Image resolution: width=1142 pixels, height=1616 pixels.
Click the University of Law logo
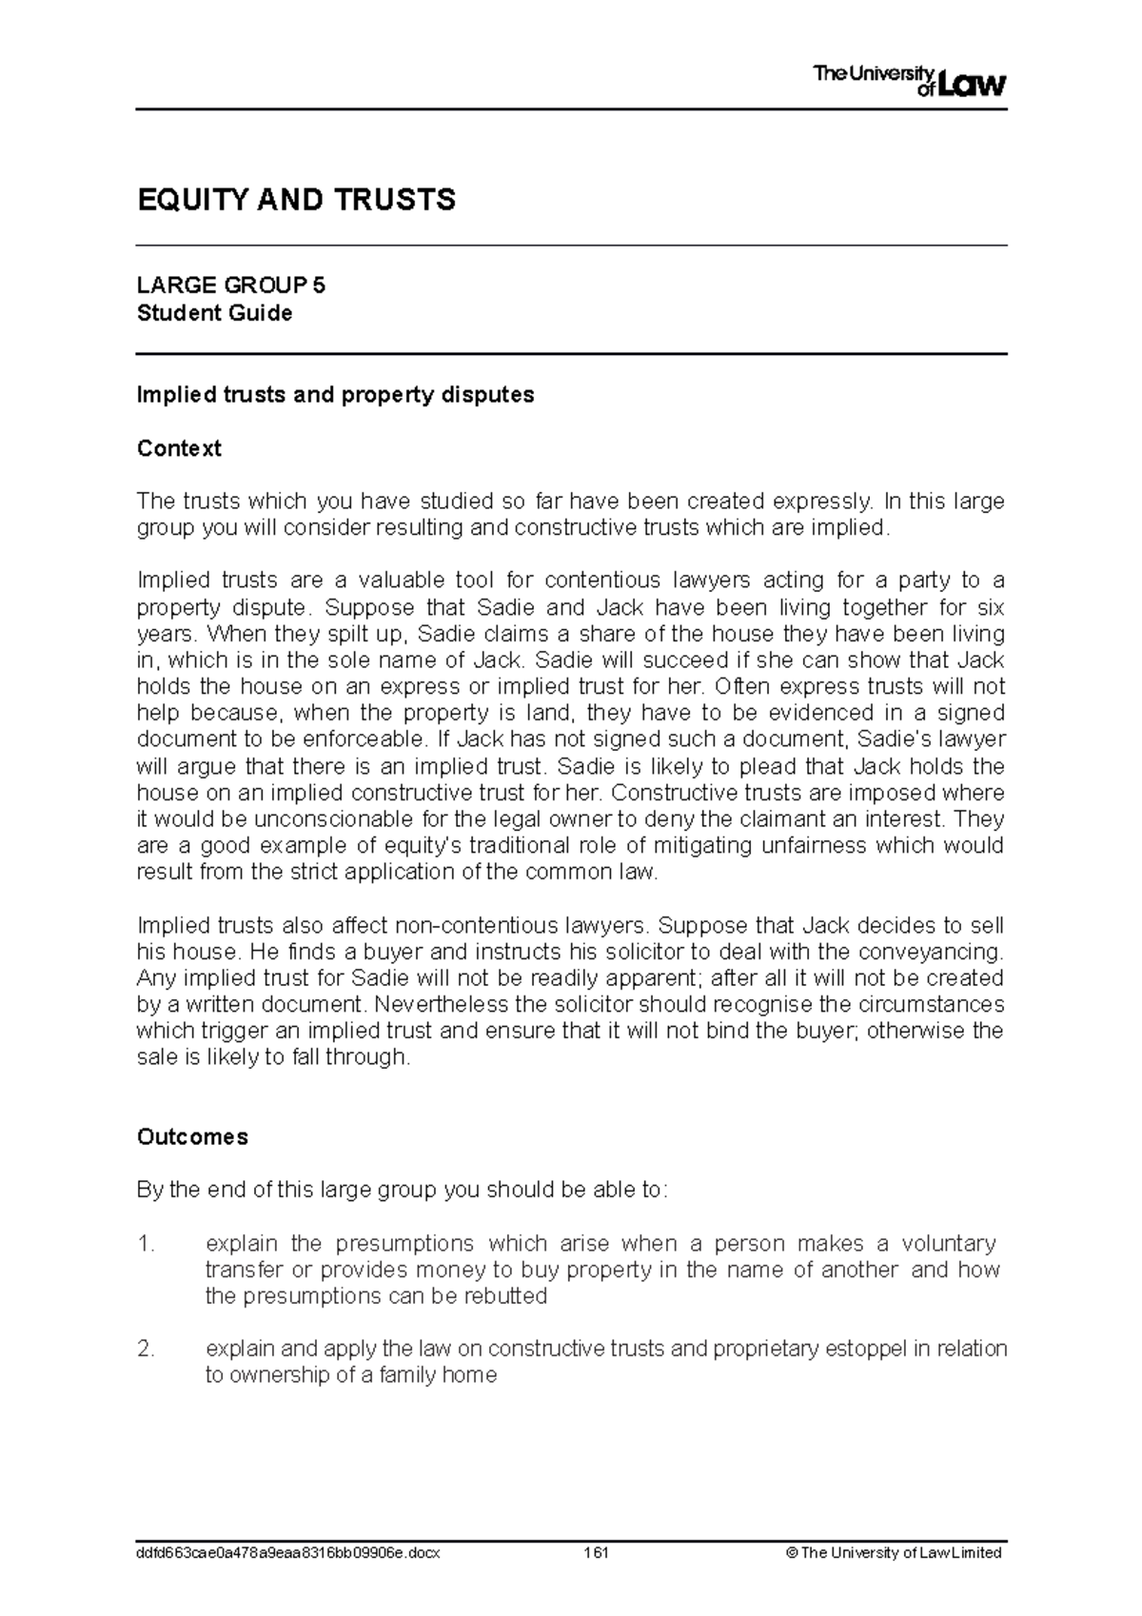pos(909,81)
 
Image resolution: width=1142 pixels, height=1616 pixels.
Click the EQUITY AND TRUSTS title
pos(296,200)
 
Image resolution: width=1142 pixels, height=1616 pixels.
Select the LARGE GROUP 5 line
pos(231,286)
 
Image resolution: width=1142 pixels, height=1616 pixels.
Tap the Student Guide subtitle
pos(214,313)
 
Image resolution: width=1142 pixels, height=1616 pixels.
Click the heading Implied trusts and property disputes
pos(335,395)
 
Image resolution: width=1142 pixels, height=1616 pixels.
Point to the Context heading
pos(179,448)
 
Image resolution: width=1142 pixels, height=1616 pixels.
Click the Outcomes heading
pos(192,1136)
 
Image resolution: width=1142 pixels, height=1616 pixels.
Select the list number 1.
pos(145,1244)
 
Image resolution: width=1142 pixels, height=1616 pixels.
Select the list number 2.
pos(145,1349)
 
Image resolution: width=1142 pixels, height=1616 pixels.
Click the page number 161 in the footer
pos(596,1552)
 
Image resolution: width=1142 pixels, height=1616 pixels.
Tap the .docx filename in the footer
pos(288,1552)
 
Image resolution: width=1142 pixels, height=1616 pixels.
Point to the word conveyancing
pos(943,952)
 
